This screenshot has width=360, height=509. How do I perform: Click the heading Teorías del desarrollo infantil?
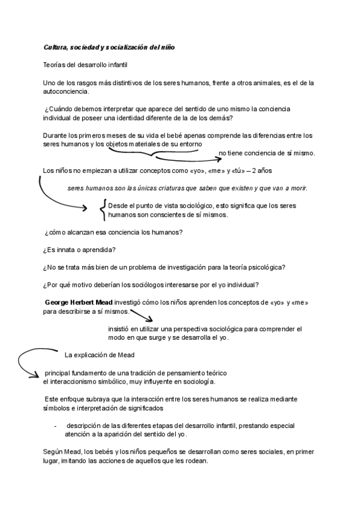(x=86, y=64)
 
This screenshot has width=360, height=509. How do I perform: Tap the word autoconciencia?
(x=66, y=91)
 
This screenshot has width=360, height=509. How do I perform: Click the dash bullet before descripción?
(x=55, y=425)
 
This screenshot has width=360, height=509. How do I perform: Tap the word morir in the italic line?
(x=297, y=188)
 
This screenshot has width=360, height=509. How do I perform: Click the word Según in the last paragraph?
(x=53, y=451)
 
